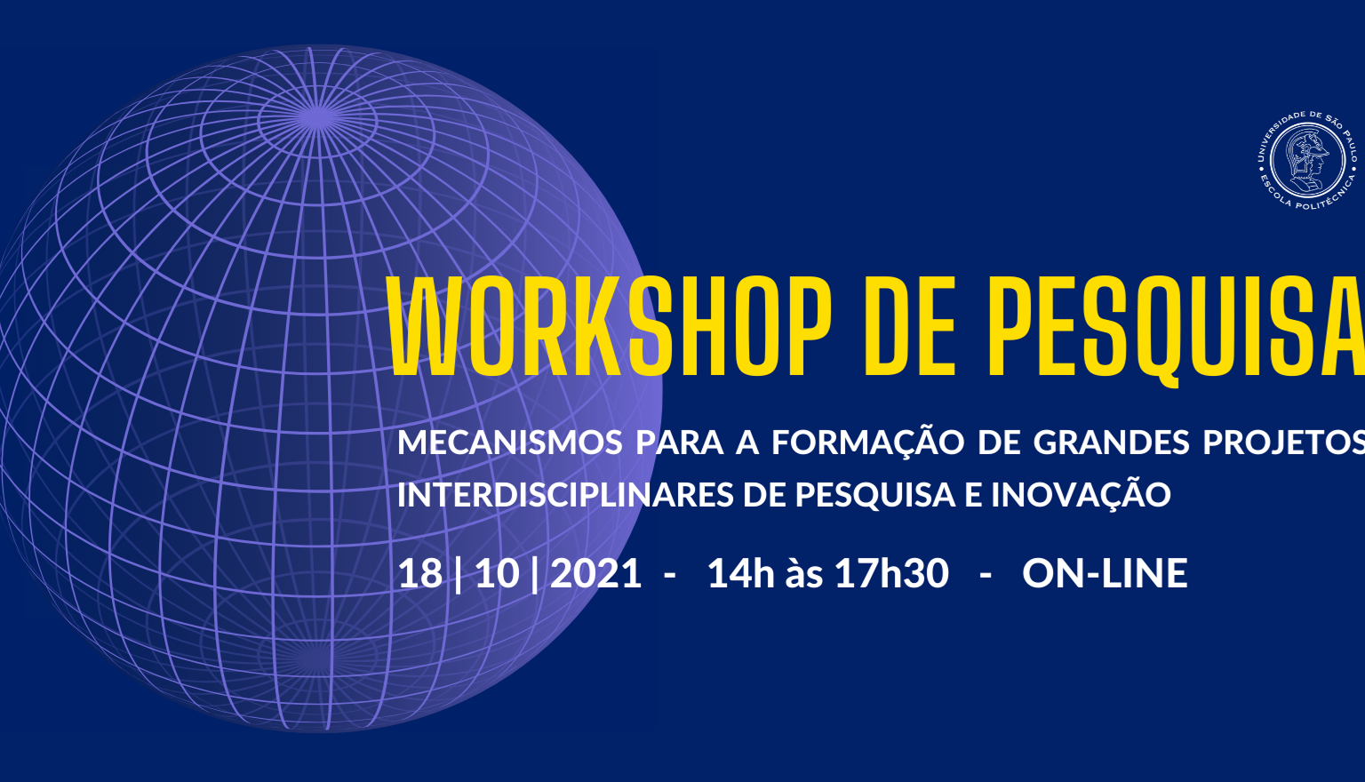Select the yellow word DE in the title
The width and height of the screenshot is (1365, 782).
point(909,327)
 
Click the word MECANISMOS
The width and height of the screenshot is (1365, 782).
point(510,443)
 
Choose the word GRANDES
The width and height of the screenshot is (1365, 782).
point(1112,443)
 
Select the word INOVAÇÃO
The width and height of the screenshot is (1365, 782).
point(1082,491)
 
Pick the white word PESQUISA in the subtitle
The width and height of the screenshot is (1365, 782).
point(875,495)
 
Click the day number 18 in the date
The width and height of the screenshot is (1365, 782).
point(420,573)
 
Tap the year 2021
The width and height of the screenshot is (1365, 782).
point(596,573)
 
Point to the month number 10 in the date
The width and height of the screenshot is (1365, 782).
point(498,573)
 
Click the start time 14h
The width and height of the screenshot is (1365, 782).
point(741,573)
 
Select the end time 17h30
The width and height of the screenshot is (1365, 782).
point(891,573)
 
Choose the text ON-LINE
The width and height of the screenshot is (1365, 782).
point(1105,573)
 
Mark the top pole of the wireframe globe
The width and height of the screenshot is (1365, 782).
point(317,117)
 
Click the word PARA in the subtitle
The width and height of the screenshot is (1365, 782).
point(680,443)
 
